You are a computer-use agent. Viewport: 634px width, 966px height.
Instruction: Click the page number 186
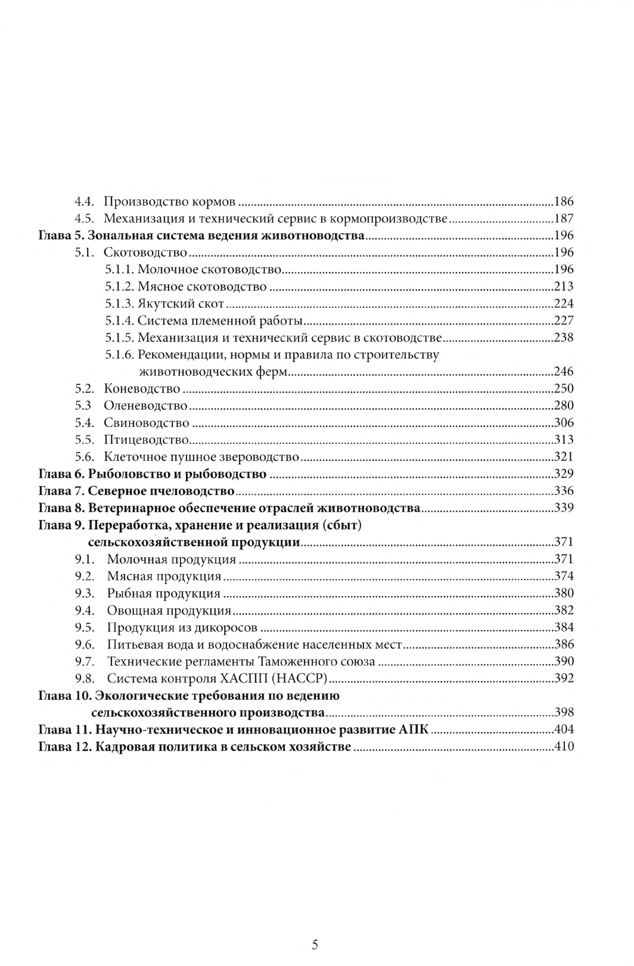[563, 201]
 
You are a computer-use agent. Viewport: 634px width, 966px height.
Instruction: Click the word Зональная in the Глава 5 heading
[117, 235]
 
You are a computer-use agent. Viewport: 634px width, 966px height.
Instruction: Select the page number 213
[563, 286]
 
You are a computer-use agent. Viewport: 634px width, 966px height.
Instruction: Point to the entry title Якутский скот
[181, 304]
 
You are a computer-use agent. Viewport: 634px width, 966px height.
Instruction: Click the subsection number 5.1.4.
[119, 320]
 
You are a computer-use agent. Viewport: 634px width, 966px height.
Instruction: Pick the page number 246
[563, 372]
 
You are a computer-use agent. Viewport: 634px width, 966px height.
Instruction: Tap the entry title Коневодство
[142, 389]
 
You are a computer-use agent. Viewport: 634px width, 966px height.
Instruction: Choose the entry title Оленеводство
[145, 406]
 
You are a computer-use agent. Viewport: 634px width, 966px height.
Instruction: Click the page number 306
[563, 423]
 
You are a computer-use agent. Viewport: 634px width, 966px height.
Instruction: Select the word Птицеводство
[147, 440]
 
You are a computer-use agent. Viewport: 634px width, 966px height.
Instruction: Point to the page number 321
[563, 457]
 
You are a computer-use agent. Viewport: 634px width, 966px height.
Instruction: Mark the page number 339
[563, 508]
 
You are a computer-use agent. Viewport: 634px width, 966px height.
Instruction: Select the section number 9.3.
[85, 593]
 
